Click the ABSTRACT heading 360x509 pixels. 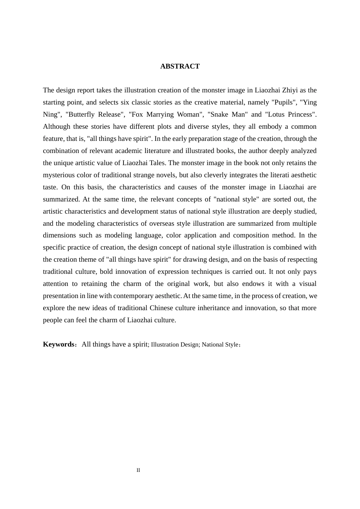(180, 66)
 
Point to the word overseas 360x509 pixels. (170, 223)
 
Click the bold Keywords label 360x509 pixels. (59, 344)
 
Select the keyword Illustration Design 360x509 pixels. (175, 345)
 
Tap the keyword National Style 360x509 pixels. (220, 345)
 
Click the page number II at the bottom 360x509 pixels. (138, 470)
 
